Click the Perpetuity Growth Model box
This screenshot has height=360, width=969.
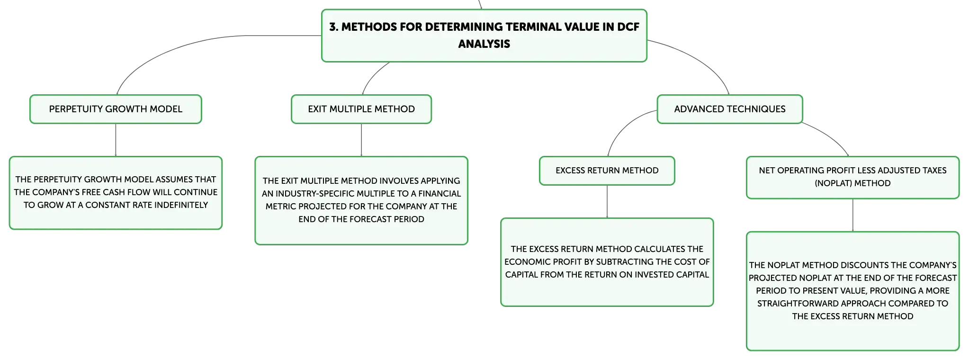point(116,109)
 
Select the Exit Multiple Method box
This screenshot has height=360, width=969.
point(361,109)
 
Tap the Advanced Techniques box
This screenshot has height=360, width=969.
point(730,109)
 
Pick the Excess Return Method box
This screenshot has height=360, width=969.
point(607,171)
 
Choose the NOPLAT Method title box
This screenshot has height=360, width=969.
point(852,177)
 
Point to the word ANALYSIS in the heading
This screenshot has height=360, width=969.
point(484,44)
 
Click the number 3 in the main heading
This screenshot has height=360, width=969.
point(333,27)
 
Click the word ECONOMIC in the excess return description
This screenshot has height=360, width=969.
point(525,262)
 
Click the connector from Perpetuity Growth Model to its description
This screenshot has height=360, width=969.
point(116,140)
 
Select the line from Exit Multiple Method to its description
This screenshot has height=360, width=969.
point(361,140)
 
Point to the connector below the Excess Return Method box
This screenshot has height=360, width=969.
point(607,202)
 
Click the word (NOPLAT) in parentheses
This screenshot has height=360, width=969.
point(833,183)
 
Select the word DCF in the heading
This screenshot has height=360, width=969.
point(628,27)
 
